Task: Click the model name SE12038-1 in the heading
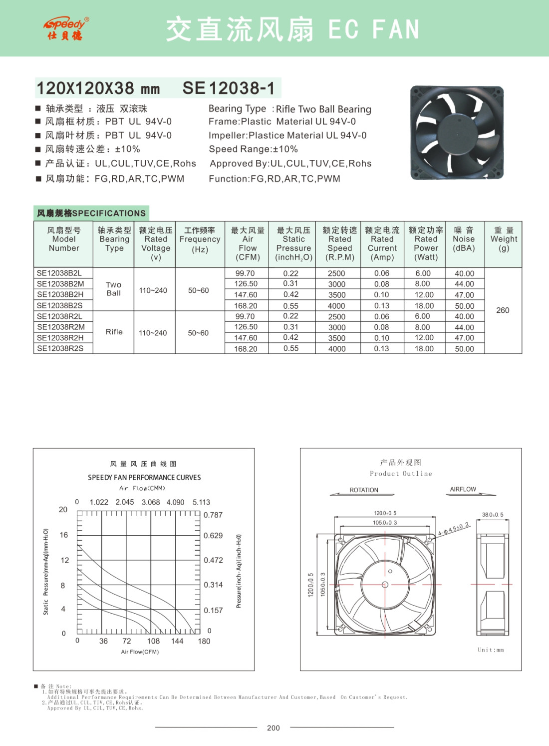[x=229, y=88]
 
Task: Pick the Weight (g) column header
[x=504, y=239]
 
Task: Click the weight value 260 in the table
[x=503, y=310]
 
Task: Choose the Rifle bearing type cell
[x=114, y=332]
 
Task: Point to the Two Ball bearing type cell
[x=114, y=289]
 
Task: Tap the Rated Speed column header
[x=339, y=243]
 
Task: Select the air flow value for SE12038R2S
[x=246, y=349]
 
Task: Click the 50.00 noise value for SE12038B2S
[x=464, y=306]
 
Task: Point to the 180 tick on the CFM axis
[x=204, y=641]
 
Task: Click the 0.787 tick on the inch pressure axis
[x=213, y=515]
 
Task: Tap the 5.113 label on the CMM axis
[x=201, y=502]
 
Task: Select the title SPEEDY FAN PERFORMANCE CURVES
[x=144, y=478]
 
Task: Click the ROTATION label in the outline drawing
[x=364, y=490]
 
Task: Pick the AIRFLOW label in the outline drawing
[x=463, y=489]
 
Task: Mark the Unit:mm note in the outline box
[x=491, y=650]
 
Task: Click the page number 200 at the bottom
[x=274, y=728]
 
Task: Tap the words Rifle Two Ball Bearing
[x=323, y=109]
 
